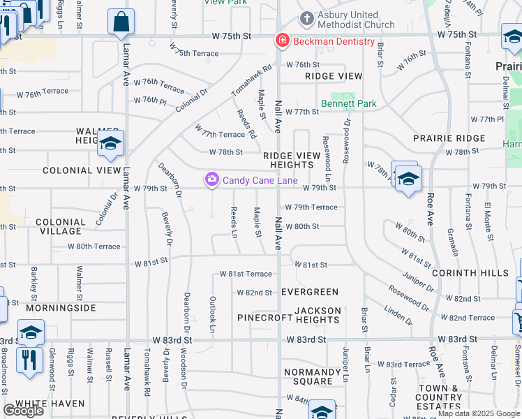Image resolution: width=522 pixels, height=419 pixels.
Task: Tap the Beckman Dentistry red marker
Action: pos(282,41)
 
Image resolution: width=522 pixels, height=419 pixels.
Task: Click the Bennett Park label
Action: pos(348,104)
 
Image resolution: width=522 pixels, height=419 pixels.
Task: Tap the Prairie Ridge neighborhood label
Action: pos(449,138)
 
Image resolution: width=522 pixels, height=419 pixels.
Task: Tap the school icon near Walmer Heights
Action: pos(110,144)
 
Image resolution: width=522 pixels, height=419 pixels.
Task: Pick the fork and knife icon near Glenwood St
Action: pos(29,360)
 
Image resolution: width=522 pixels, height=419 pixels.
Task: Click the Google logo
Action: pos(23,411)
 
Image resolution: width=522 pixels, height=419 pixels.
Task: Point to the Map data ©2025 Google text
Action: pos(479,413)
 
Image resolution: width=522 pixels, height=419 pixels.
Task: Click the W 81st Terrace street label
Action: pos(246,274)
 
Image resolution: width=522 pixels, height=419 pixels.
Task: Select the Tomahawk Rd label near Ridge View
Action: pos(250,81)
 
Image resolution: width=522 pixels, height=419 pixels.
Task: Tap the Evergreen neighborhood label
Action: pos(310,292)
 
